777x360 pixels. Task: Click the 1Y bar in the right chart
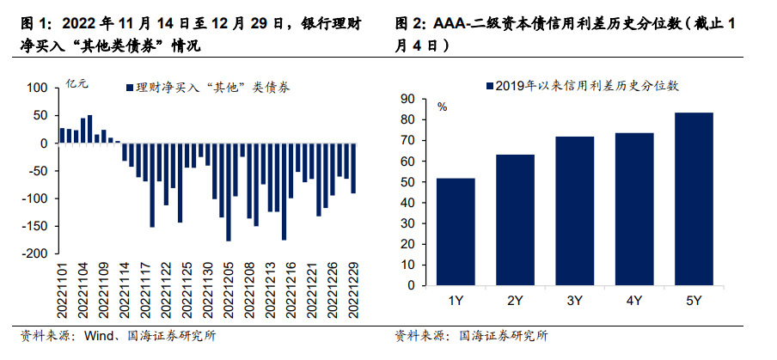(455, 233)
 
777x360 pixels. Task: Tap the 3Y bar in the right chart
(574, 211)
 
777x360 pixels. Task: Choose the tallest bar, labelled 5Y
(694, 199)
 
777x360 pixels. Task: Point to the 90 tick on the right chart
(407, 98)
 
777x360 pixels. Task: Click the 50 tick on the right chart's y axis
(407, 182)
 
